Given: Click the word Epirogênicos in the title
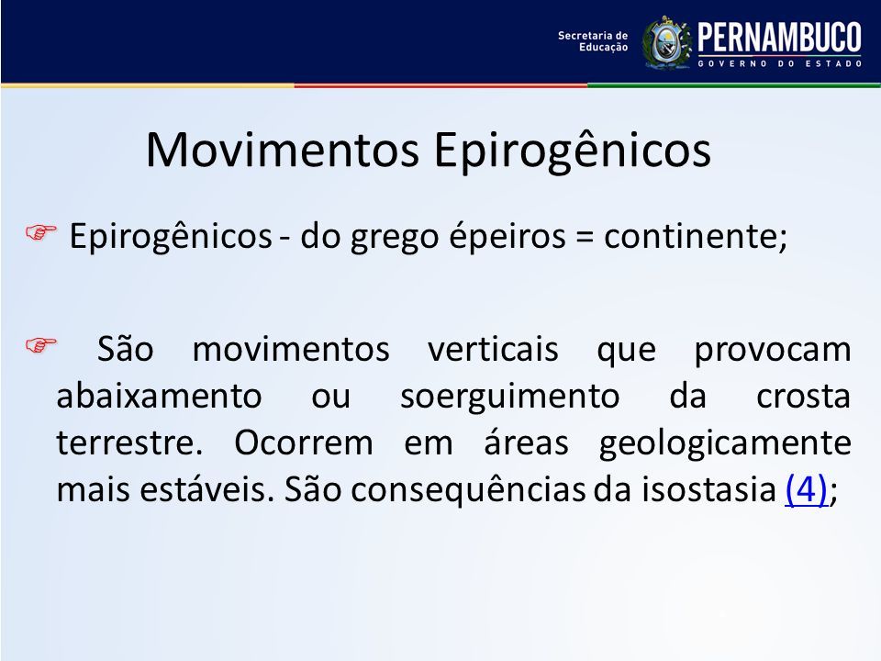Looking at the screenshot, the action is point(573,151).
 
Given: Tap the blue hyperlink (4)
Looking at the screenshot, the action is point(806,489).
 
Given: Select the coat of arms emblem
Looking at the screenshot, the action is point(667,43).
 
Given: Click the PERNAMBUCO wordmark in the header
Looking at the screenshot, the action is point(779,39).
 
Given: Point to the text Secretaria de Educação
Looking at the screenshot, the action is point(593,41).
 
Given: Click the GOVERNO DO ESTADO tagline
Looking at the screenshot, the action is point(780,63).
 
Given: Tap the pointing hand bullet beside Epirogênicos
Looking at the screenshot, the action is point(41,232).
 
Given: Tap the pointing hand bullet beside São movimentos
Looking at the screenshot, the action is point(41,344).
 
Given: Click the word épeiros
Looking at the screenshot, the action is point(507,237).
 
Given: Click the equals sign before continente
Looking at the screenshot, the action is point(585,237).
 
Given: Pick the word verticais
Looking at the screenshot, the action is point(493,349).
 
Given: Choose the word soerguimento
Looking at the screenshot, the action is point(509,398).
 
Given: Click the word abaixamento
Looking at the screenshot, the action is point(159,397).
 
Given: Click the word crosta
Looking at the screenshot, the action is point(804,398).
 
